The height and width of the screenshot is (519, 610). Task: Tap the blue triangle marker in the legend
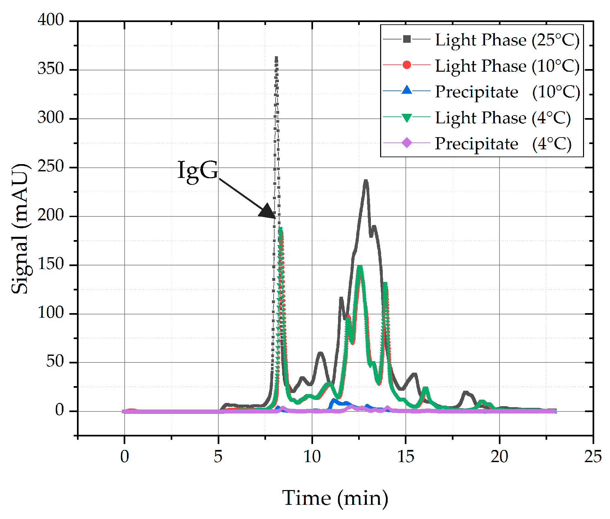[407, 90]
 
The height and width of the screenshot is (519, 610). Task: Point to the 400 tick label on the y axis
[51, 20]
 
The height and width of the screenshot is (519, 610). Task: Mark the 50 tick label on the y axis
[55, 361]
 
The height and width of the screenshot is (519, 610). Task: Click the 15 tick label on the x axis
[405, 457]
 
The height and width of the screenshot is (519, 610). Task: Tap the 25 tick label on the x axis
[593, 457]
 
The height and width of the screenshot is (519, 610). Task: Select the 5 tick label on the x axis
[218, 457]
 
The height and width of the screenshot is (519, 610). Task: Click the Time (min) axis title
[335, 498]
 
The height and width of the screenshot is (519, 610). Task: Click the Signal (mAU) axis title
[20, 229]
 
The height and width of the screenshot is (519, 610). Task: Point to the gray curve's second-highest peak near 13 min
[366, 181]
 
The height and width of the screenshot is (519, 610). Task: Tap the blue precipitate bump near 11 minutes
[334, 401]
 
